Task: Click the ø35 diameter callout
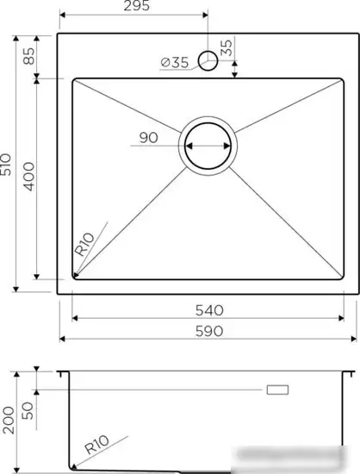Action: [175, 62]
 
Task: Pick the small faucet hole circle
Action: [207, 60]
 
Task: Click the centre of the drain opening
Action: [207, 145]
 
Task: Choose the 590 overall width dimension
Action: [208, 331]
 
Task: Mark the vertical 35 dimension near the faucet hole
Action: [226, 48]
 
